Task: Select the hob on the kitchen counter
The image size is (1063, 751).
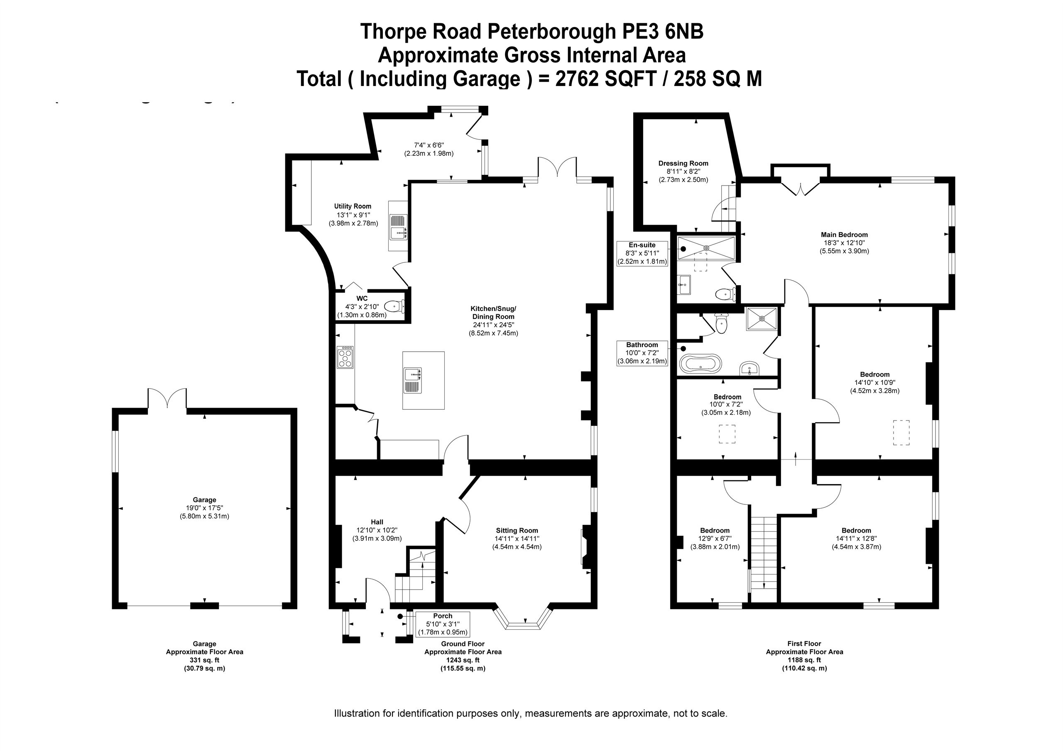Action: [x=345, y=357]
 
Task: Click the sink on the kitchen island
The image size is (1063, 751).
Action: [x=412, y=380]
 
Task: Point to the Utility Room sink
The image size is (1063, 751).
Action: [x=398, y=227]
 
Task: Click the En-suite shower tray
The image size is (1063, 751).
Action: [x=706, y=248]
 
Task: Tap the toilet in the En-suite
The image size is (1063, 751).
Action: [x=724, y=294]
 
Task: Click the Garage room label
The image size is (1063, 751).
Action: [x=204, y=499]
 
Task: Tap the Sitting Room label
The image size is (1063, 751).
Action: [x=517, y=531]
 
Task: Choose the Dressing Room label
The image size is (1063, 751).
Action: [x=683, y=163]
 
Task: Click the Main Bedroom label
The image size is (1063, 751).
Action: [x=844, y=235]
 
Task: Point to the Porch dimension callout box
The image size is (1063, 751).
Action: [x=443, y=624]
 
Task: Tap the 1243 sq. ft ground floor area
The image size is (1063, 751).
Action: [x=463, y=660]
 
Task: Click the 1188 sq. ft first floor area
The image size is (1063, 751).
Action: [x=804, y=660]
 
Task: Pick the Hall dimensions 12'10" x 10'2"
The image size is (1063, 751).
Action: [x=377, y=530]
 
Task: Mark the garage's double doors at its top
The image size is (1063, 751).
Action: [x=167, y=399]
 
